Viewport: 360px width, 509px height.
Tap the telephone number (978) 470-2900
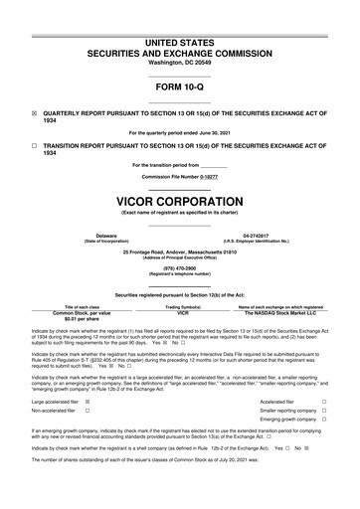pyautogui.click(x=179, y=267)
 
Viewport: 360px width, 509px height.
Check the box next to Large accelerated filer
pyautogui.click(x=87, y=401)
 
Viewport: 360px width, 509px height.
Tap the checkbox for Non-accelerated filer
pyautogui.click(x=87, y=411)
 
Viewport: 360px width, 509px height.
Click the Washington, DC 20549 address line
pyautogui.click(x=179, y=62)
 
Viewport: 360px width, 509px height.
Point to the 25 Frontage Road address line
pyautogui.click(x=179, y=252)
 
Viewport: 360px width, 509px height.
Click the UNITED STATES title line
pyautogui.click(x=179, y=42)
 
